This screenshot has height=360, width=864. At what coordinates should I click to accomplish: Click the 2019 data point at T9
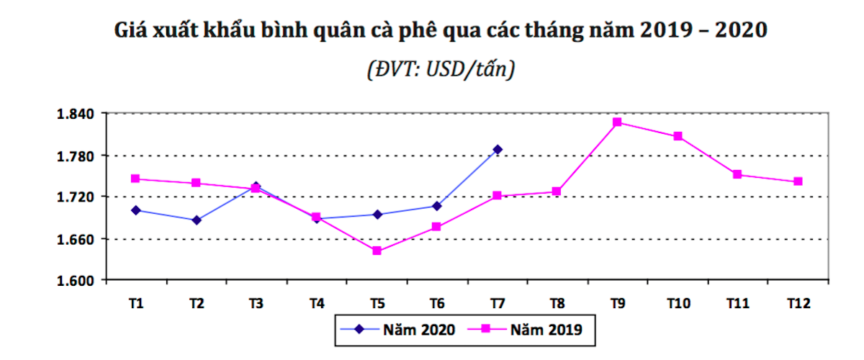click(617, 122)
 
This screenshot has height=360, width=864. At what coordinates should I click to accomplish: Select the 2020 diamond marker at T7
click(497, 150)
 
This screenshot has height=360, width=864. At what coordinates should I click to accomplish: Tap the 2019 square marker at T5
click(377, 251)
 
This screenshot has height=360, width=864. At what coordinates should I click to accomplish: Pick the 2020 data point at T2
click(197, 220)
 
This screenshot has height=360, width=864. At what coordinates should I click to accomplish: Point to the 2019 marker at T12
click(798, 181)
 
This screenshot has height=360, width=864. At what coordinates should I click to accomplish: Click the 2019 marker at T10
click(678, 136)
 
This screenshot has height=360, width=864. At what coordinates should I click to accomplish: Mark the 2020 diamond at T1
click(136, 210)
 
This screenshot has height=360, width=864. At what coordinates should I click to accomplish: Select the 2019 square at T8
click(557, 192)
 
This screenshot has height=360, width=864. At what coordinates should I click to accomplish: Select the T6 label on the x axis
click(436, 304)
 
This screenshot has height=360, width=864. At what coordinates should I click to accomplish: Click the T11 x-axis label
click(737, 304)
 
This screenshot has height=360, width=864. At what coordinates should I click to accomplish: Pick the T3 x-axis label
click(256, 304)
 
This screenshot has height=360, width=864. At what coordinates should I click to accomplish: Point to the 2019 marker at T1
click(136, 179)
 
